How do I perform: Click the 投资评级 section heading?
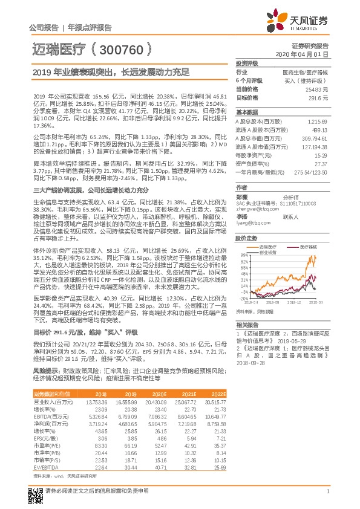click(x=247, y=63)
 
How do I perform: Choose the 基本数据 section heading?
click(x=247, y=112)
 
